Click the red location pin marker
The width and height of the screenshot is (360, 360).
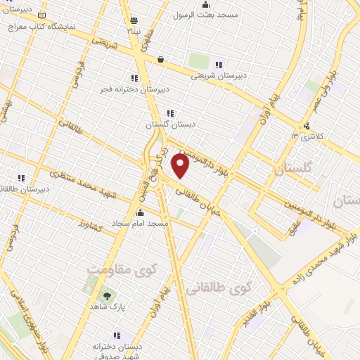coord(181,167)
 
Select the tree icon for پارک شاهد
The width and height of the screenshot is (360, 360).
coord(107,296)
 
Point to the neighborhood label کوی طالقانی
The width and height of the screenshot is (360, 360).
coord(220,286)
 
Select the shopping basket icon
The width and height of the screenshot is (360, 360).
coord(162,59)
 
